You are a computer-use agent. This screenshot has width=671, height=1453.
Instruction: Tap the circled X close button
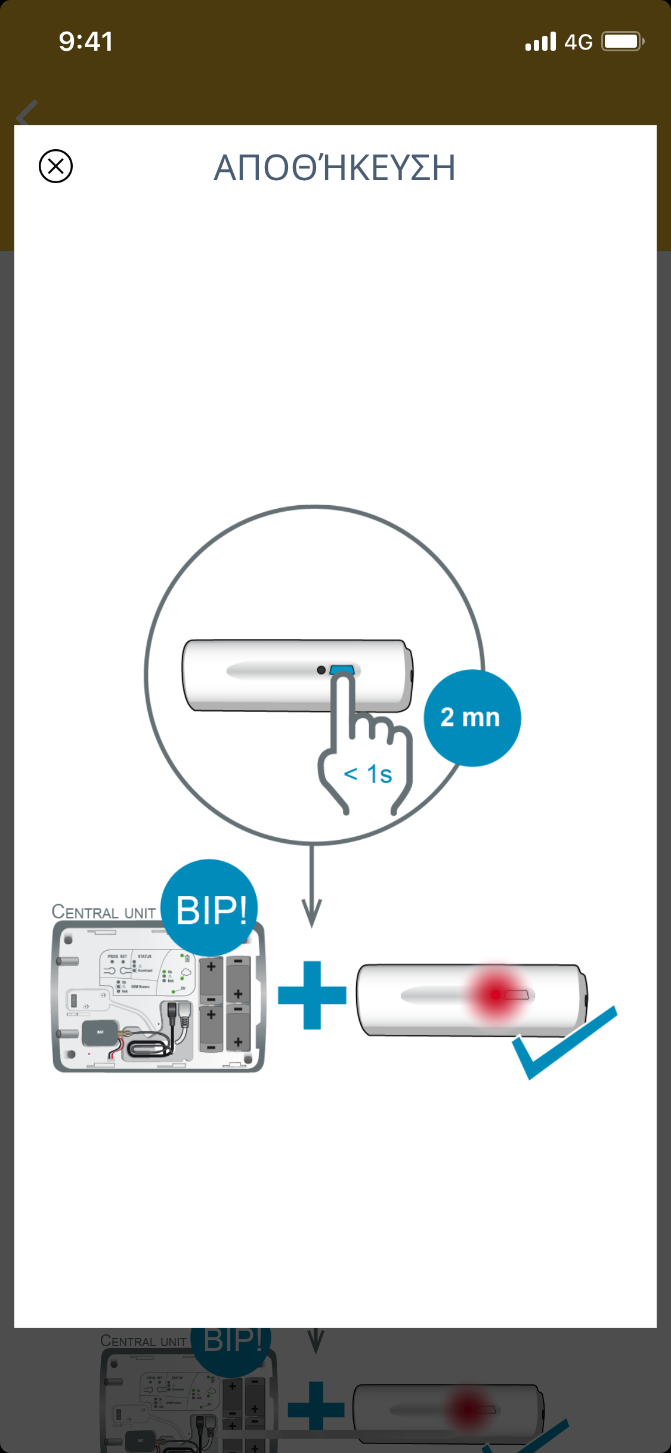[x=55, y=166]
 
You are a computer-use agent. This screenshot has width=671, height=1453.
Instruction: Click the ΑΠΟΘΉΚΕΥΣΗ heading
[x=335, y=168]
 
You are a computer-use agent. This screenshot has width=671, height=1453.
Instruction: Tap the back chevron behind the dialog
[x=27, y=113]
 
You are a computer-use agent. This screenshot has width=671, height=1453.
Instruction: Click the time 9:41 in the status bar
[x=86, y=42]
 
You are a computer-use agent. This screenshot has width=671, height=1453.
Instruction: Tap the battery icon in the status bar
[x=622, y=42]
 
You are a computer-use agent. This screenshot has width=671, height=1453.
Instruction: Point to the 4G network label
[x=578, y=42]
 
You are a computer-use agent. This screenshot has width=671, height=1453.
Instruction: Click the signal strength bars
[x=540, y=42]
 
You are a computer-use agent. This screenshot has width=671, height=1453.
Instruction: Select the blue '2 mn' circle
[x=472, y=718]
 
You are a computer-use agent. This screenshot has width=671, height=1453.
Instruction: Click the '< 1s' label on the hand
[x=368, y=774]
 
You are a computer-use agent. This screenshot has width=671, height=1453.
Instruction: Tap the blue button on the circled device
[x=342, y=670]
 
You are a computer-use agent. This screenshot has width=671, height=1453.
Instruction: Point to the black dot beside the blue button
[x=321, y=670]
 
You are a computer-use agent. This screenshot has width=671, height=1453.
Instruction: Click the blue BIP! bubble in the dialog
[x=210, y=908]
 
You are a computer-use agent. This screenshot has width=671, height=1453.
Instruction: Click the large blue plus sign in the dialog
[x=312, y=995]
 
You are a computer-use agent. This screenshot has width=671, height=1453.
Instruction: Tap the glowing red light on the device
[x=496, y=994]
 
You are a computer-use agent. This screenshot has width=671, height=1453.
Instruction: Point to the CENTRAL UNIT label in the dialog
[x=103, y=912]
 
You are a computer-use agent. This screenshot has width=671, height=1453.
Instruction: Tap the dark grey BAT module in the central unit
[x=100, y=1033]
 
